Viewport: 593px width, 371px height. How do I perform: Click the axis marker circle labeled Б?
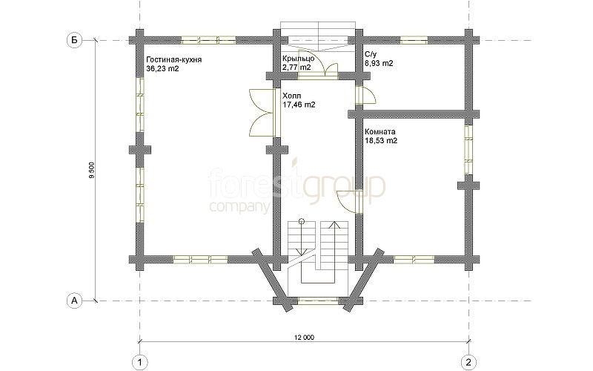75,40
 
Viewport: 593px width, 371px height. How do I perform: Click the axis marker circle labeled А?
75,301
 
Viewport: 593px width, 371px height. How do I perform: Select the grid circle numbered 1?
140,362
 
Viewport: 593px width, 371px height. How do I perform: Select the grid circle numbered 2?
469,362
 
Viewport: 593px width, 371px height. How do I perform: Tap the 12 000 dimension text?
305,338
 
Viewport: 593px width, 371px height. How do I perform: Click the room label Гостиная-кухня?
174,60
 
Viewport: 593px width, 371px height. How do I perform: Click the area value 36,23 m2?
162,69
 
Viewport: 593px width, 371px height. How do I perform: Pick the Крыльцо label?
299,59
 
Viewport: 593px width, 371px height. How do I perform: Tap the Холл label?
292,96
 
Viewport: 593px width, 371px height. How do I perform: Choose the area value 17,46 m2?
299,105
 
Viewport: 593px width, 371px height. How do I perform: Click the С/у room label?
371,54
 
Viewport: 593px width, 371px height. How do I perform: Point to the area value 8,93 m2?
379,63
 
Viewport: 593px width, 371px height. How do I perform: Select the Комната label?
380,132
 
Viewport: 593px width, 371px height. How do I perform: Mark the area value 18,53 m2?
381,141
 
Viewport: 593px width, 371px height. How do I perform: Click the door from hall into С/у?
366,95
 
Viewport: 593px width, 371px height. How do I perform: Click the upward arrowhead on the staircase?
334,225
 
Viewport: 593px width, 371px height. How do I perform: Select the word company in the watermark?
239,207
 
